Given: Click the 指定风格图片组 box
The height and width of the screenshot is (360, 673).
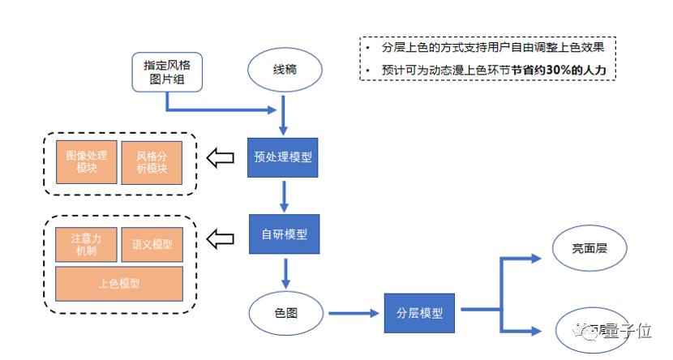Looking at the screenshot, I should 166,71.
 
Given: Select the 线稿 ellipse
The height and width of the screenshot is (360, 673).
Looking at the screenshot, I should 284,70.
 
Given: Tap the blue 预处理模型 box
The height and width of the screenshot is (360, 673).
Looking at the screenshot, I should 283,158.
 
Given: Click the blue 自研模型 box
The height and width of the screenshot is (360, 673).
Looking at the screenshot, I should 284,235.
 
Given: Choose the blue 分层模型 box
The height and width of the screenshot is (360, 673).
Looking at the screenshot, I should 419,311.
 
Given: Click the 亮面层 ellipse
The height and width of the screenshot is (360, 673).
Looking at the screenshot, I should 589,250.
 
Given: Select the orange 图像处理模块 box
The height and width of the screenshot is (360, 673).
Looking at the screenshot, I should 87,161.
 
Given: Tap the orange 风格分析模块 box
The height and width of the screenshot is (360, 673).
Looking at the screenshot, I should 152,161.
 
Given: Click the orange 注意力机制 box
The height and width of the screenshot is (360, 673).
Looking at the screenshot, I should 86,242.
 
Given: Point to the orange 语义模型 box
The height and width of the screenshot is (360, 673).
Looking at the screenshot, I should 152,242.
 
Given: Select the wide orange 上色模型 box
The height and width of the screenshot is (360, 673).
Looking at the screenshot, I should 119,283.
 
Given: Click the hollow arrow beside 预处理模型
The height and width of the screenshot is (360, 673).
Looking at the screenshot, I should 221,158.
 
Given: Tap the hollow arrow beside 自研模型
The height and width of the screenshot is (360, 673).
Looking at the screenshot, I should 221,238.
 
